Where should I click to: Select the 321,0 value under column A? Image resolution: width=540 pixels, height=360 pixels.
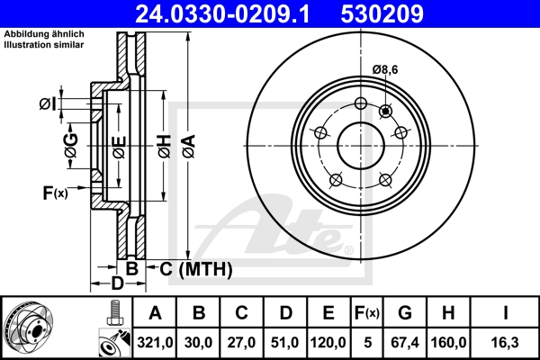point(154,341)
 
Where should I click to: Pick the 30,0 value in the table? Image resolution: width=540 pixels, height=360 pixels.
point(199,341)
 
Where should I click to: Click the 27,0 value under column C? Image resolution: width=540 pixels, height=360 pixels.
point(242,341)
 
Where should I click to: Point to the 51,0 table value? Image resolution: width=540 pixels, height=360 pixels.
point(285,341)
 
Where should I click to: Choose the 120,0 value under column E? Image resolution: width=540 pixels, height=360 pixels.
point(328,341)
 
